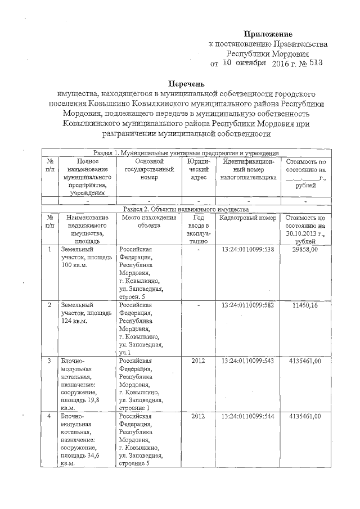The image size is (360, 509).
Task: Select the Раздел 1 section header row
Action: point(186,152)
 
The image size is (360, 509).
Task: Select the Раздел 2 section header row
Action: point(186,209)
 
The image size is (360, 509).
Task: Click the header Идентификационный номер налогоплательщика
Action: point(247,169)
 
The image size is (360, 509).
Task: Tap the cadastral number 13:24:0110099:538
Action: point(247,249)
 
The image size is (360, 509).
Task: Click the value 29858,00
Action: point(305,249)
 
